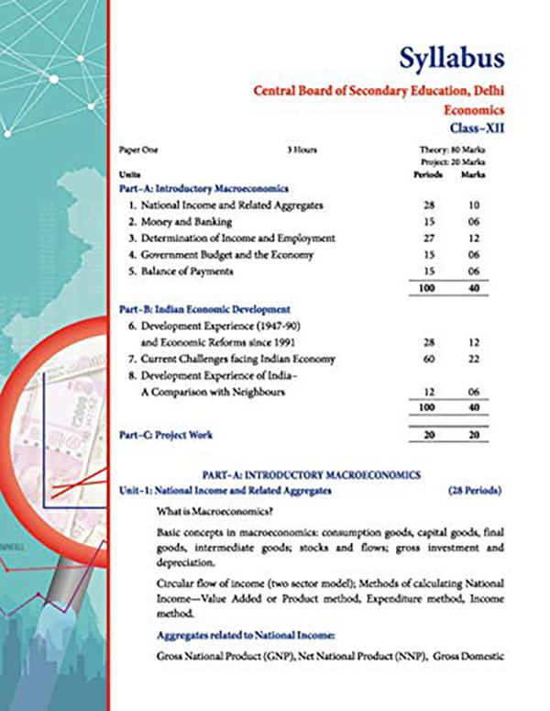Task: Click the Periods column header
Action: pos(428,173)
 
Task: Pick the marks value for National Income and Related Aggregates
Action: pos(474,206)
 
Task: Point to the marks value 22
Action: pos(474,359)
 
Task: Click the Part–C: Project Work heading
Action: pos(166,435)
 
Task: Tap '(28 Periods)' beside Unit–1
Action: pos(475,491)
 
